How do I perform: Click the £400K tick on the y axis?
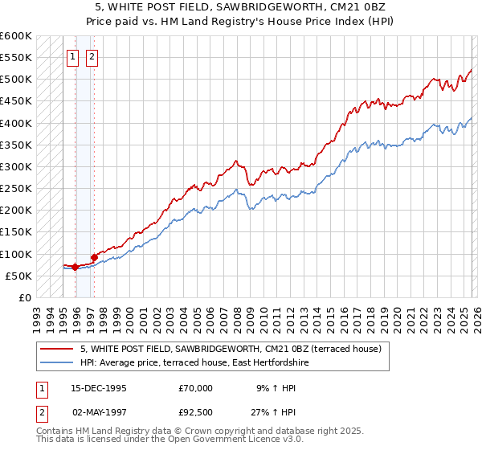click(15, 123)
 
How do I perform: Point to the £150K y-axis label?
click(15, 232)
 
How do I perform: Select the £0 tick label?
click(23, 298)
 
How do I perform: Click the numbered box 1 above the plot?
click(72, 56)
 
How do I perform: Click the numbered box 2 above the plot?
click(92, 56)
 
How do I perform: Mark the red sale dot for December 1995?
click(76, 267)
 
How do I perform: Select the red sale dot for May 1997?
click(94, 257)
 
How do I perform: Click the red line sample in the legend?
click(58, 348)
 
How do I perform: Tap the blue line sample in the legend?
click(58, 362)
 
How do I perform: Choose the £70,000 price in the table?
click(196, 387)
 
